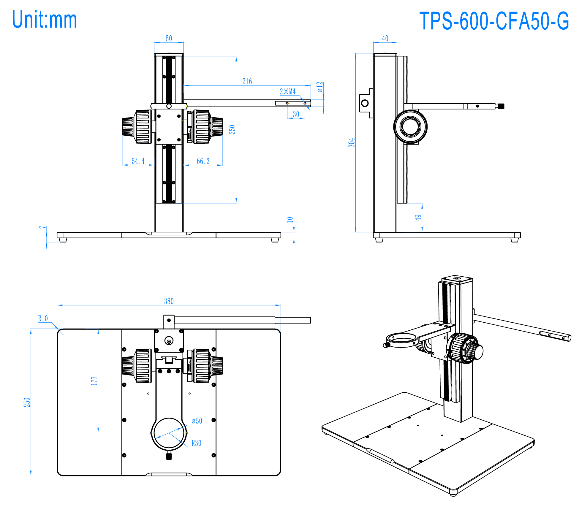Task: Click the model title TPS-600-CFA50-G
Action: tap(494, 21)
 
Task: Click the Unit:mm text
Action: tap(45, 20)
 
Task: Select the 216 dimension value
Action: tap(247, 81)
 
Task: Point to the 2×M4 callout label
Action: tap(287, 91)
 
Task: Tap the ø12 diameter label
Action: tap(320, 87)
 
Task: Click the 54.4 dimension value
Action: tap(138, 161)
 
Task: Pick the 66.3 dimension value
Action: tap(203, 161)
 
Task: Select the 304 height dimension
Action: tap(352, 142)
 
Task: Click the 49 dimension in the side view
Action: tap(418, 217)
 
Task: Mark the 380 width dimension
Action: tap(169, 301)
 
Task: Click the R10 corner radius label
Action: tap(43, 318)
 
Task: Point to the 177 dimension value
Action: tap(94, 381)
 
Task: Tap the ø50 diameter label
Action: tap(197, 421)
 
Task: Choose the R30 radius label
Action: tap(196, 443)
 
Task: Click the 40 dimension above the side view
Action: tap(385, 38)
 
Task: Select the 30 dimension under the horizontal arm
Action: tap(296, 114)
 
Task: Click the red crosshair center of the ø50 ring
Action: tap(169, 433)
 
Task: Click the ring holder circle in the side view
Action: tap(410, 126)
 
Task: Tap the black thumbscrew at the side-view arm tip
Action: tap(501, 106)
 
